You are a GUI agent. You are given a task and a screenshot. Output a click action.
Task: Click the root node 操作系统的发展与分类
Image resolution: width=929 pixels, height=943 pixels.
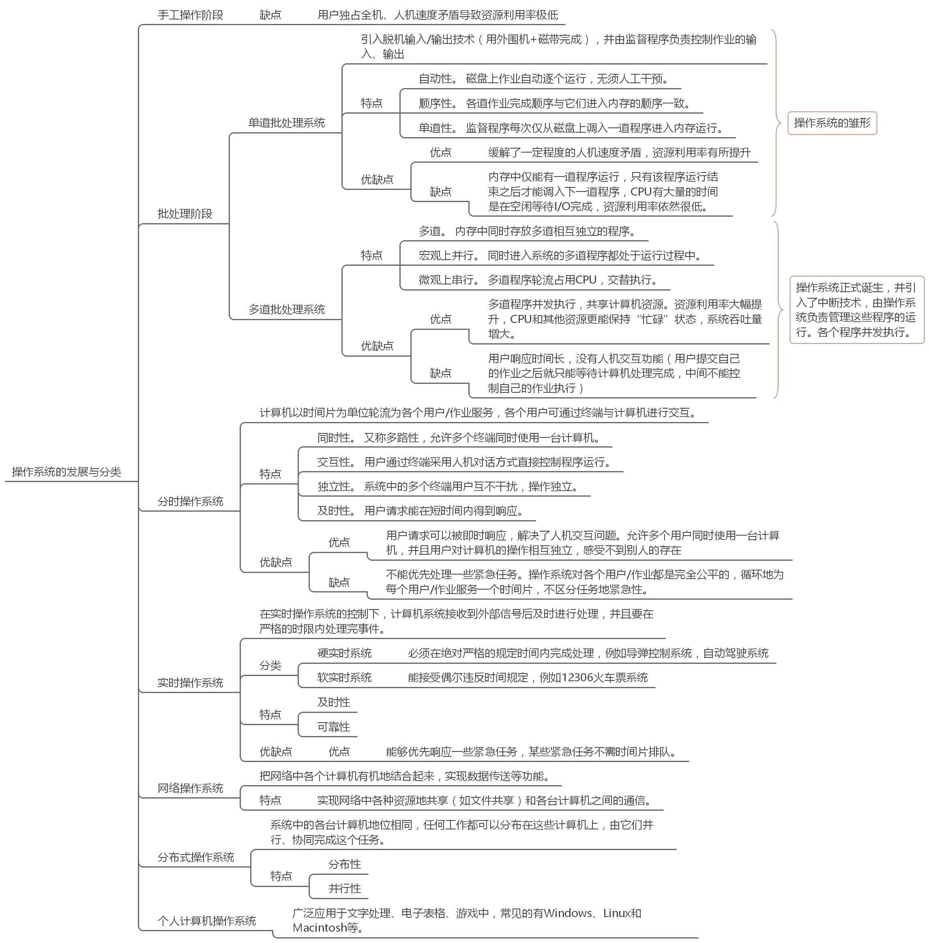[67, 472]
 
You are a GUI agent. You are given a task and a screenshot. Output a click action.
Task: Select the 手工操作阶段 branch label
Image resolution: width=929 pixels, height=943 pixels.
[190, 15]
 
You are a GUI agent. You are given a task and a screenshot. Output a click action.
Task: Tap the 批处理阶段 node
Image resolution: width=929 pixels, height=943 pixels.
[185, 214]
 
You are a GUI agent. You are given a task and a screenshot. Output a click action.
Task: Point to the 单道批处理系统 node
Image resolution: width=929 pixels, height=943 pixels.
[286, 123]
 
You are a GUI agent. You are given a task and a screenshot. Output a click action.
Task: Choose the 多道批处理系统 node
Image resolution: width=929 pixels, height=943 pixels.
[286, 310]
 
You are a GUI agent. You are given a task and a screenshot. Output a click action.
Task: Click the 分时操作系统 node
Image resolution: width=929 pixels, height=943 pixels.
[190, 501]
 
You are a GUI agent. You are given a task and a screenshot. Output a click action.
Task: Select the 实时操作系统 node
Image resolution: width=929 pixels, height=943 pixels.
[190, 683]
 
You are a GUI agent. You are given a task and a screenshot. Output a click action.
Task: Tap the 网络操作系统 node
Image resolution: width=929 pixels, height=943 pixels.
[190, 788]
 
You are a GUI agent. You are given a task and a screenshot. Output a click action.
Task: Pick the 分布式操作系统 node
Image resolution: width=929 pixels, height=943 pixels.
[195, 857]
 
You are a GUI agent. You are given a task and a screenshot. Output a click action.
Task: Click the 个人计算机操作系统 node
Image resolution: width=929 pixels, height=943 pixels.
[207, 921]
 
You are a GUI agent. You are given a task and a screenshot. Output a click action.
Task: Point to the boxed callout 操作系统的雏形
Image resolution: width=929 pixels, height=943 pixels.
[832, 123]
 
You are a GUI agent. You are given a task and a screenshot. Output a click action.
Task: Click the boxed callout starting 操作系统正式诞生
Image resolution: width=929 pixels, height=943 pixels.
[856, 310]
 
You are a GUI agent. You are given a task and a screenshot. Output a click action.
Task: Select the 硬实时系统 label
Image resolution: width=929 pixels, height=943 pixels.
[344, 653]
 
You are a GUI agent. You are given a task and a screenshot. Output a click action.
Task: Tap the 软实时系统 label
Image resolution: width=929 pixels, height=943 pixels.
[344, 678]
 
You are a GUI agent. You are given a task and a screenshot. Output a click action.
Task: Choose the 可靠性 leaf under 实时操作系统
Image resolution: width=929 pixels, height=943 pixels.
[334, 727]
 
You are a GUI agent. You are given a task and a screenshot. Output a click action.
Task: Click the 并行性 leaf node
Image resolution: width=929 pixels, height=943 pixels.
[344, 888]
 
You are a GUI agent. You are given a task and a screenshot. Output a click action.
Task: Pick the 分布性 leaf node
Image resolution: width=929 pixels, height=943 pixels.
[344, 864]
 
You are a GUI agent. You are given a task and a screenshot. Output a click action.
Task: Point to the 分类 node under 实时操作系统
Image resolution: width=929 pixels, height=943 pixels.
[270, 666]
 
